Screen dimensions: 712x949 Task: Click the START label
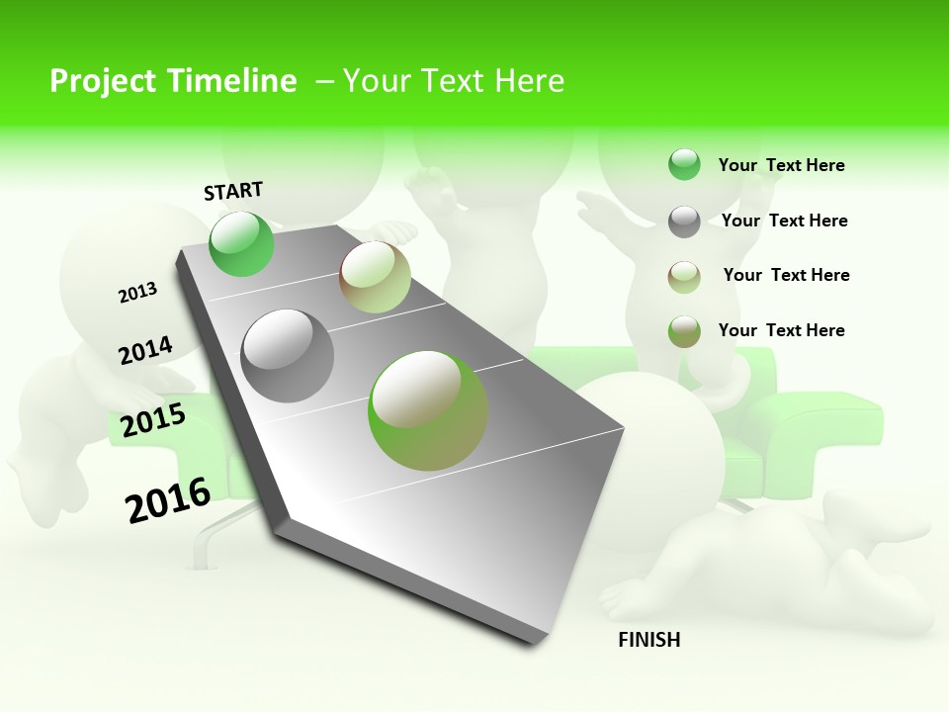tap(233, 191)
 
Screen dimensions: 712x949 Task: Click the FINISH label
tap(648, 640)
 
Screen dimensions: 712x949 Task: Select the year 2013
tap(137, 293)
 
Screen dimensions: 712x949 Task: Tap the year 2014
tap(145, 351)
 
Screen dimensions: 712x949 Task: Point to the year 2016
tap(168, 499)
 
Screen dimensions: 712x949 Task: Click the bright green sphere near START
tap(241, 243)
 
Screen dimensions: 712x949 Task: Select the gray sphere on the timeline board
tap(288, 356)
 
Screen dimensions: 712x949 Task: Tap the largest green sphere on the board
tap(428, 410)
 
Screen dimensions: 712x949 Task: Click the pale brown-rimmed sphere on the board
tap(375, 277)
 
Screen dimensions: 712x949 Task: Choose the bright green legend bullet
tap(684, 164)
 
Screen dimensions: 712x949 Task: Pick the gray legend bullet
tap(684, 222)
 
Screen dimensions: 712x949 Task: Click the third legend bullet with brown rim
tap(684, 277)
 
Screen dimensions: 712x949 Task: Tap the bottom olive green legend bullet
tap(684, 331)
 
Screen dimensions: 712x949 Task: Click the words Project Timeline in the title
tap(173, 81)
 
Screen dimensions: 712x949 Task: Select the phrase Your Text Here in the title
tap(454, 81)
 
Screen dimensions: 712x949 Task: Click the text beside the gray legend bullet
tap(784, 221)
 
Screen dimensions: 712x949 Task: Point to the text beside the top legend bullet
tap(781, 165)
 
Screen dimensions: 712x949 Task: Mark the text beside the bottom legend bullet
tap(781, 330)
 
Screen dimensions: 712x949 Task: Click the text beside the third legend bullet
tap(786, 275)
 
